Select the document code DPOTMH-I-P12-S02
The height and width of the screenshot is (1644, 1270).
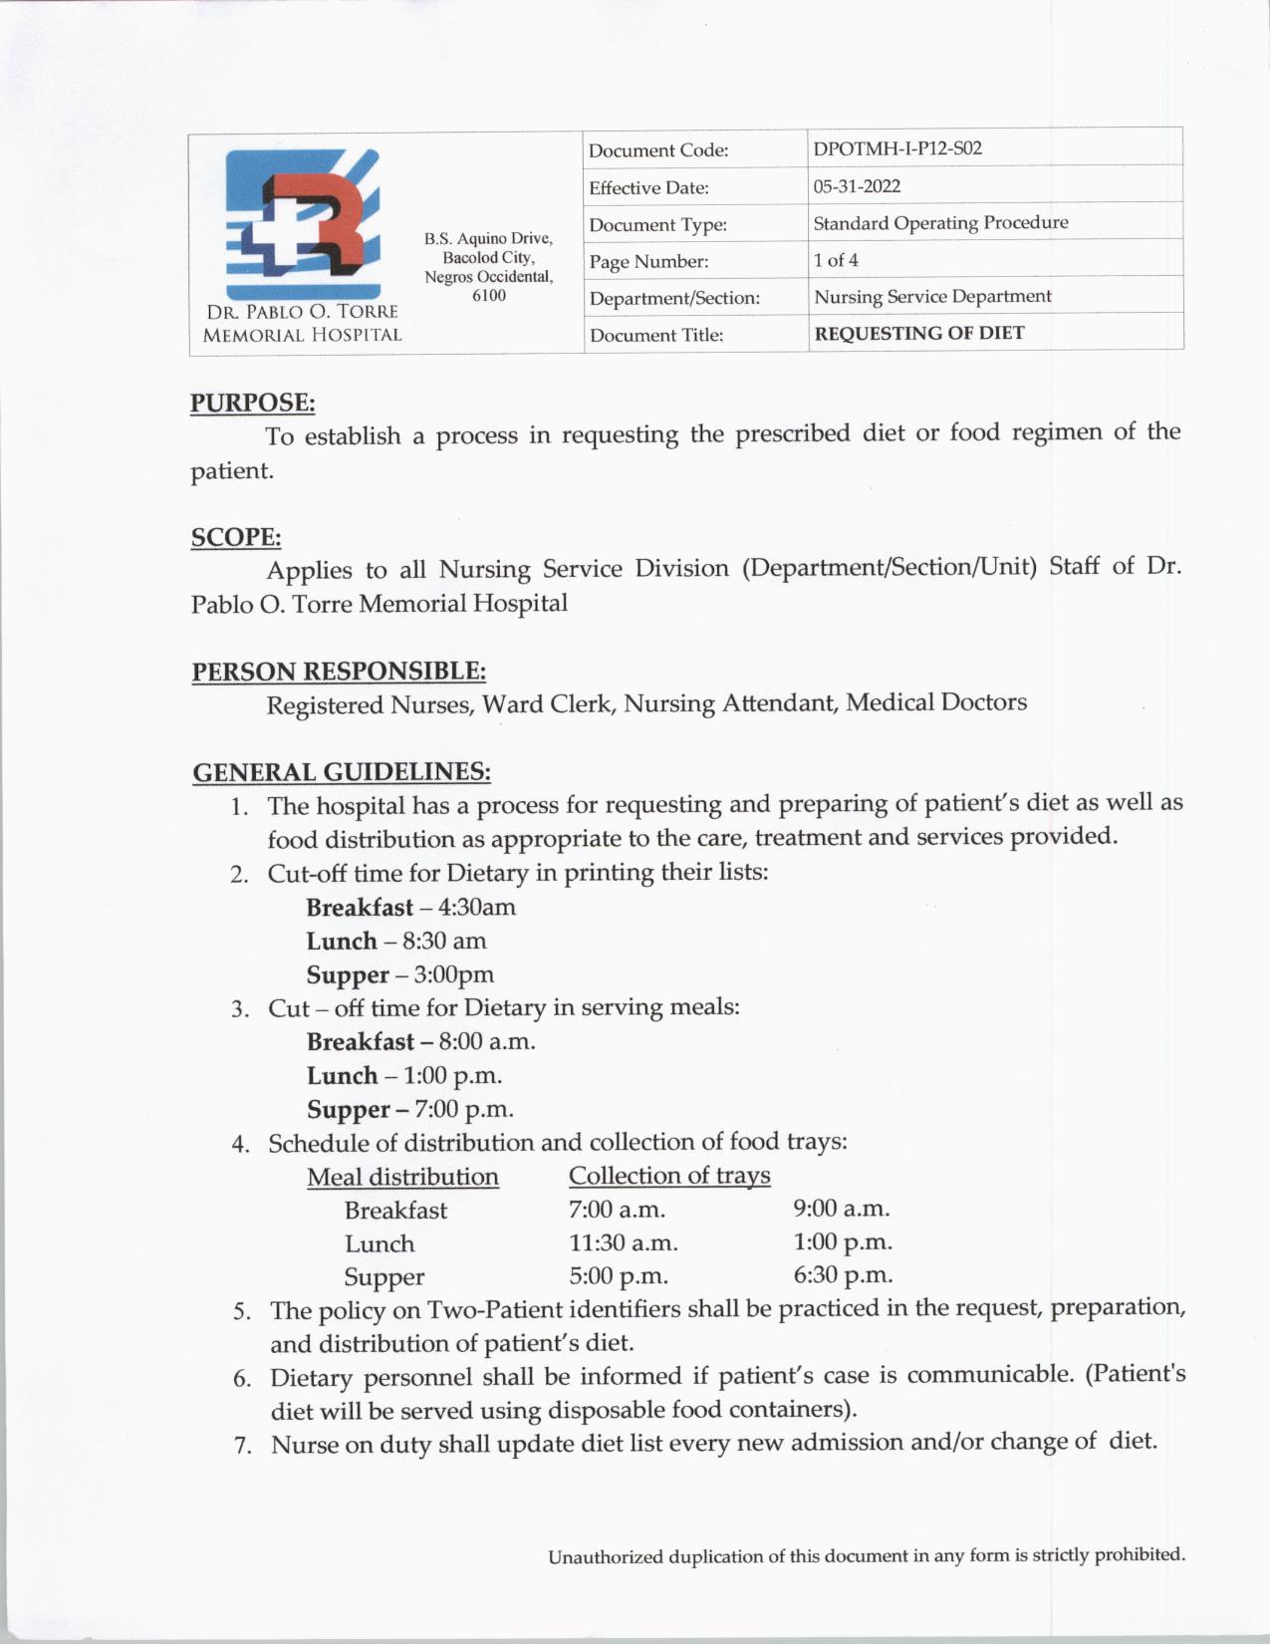pyautogui.click(x=897, y=149)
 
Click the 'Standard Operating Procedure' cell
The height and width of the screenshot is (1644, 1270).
pyautogui.click(x=940, y=223)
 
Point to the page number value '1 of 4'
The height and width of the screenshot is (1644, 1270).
pyautogui.click(x=836, y=260)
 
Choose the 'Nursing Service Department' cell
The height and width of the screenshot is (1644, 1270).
pyautogui.click(x=932, y=297)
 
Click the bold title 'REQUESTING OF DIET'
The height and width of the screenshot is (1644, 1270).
pyautogui.click(x=918, y=334)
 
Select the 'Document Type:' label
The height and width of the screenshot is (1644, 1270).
pyautogui.click(x=657, y=225)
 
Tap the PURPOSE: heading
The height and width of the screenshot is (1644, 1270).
pyautogui.click(x=253, y=403)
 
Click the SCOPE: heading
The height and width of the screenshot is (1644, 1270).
pyautogui.click(x=236, y=537)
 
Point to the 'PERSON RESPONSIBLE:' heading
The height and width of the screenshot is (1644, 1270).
pyautogui.click(x=339, y=671)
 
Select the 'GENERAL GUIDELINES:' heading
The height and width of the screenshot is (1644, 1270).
pyautogui.click(x=342, y=772)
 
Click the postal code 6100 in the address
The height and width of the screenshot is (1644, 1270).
pyautogui.click(x=488, y=296)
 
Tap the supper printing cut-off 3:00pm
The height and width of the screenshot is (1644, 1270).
pyautogui.click(x=454, y=974)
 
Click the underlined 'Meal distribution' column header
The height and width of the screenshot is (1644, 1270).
pyautogui.click(x=402, y=1177)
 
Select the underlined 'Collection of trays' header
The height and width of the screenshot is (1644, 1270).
pyautogui.click(x=669, y=1176)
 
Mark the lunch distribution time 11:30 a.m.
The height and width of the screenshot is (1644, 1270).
pyautogui.click(x=624, y=1243)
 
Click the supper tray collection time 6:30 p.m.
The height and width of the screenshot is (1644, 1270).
pyautogui.click(x=843, y=1275)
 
